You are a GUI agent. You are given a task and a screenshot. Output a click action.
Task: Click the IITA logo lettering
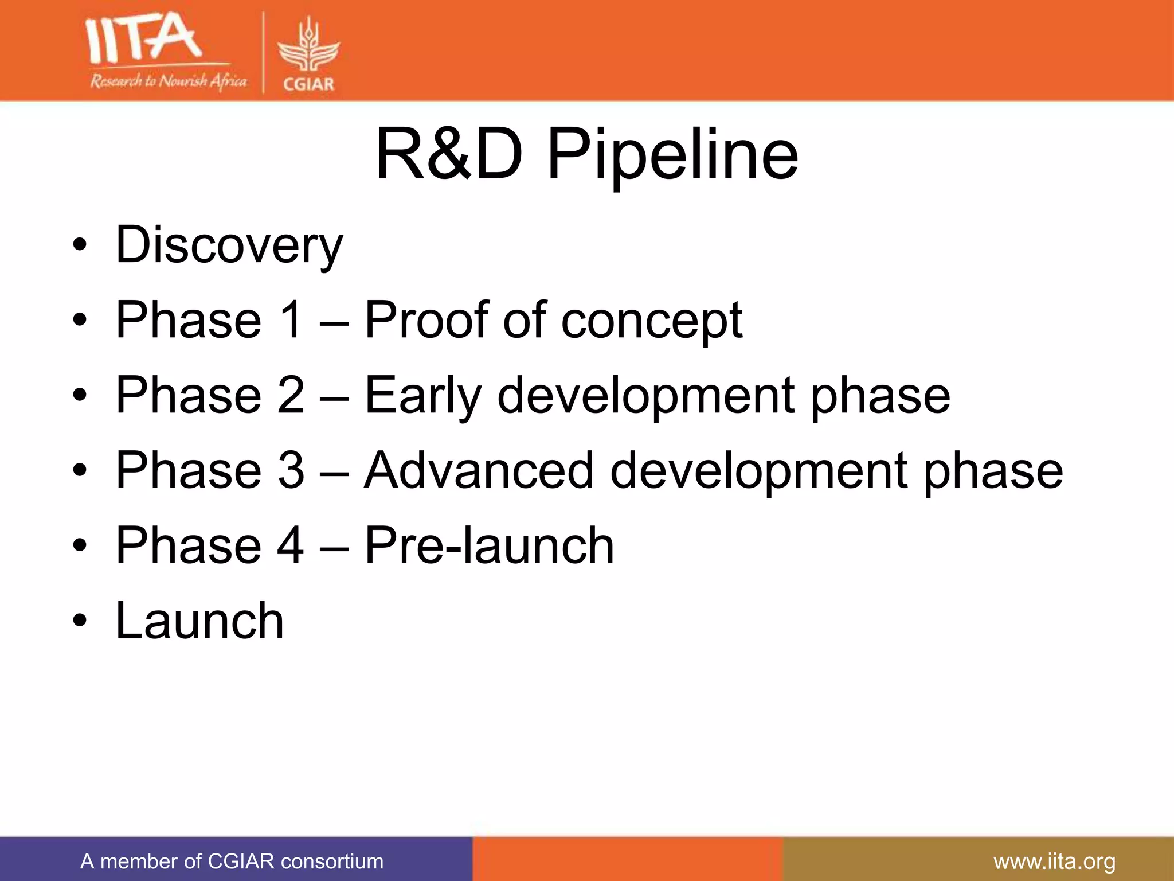tap(143, 39)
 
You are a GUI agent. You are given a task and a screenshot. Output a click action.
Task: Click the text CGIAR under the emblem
tap(308, 84)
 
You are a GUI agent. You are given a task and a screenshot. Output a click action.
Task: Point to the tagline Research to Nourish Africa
tap(168, 81)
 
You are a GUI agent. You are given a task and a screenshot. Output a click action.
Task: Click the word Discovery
tap(229, 245)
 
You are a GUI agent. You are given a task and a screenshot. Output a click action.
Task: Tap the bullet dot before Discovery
tap(80, 246)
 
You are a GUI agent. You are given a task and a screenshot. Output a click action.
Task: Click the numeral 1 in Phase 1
tap(291, 319)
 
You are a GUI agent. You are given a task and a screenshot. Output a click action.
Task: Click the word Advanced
tap(479, 470)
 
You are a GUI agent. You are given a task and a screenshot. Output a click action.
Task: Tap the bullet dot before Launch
tap(80, 621)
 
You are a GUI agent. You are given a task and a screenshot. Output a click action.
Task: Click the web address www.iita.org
tap(1054, 861)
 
